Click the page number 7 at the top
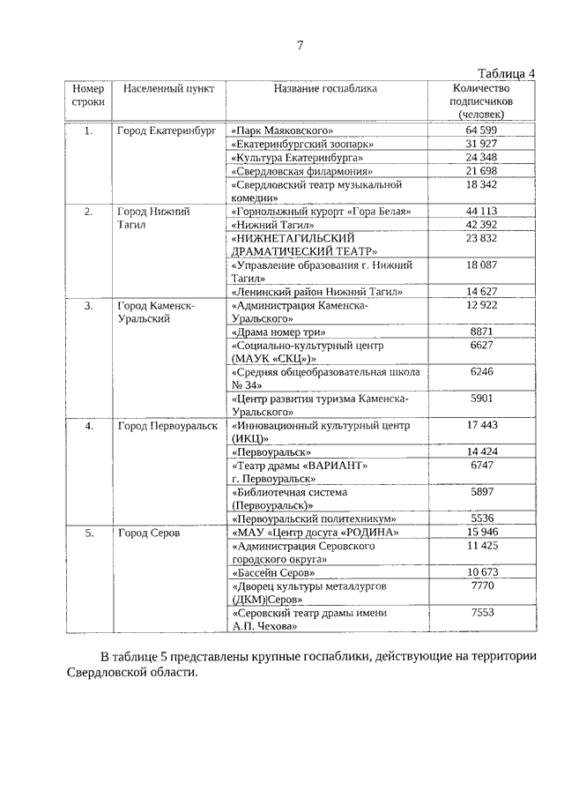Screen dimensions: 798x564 click(x=299, y=46)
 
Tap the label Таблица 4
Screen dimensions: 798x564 click(x=507, y=73)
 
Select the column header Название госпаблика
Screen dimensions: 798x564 click(x=324, y=89)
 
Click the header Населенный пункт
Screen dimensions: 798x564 click(x=163, y=89)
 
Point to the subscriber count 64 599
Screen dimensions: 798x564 click(x=481, y=131)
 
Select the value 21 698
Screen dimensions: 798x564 click(x=481, y=170)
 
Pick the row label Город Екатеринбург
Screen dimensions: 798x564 click(x=167, y=131)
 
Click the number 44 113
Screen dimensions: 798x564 click(x=481, y=212)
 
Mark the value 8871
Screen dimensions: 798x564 click(x=481, y=332)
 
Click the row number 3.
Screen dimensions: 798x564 click(x=88, y=305)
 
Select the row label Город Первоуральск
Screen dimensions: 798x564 click(x=167, y=426)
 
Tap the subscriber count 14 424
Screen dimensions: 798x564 click(x=481, y=452)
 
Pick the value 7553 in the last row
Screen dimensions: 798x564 click(x=481, y=613)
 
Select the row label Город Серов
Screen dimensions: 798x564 click(x=149, y=533)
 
